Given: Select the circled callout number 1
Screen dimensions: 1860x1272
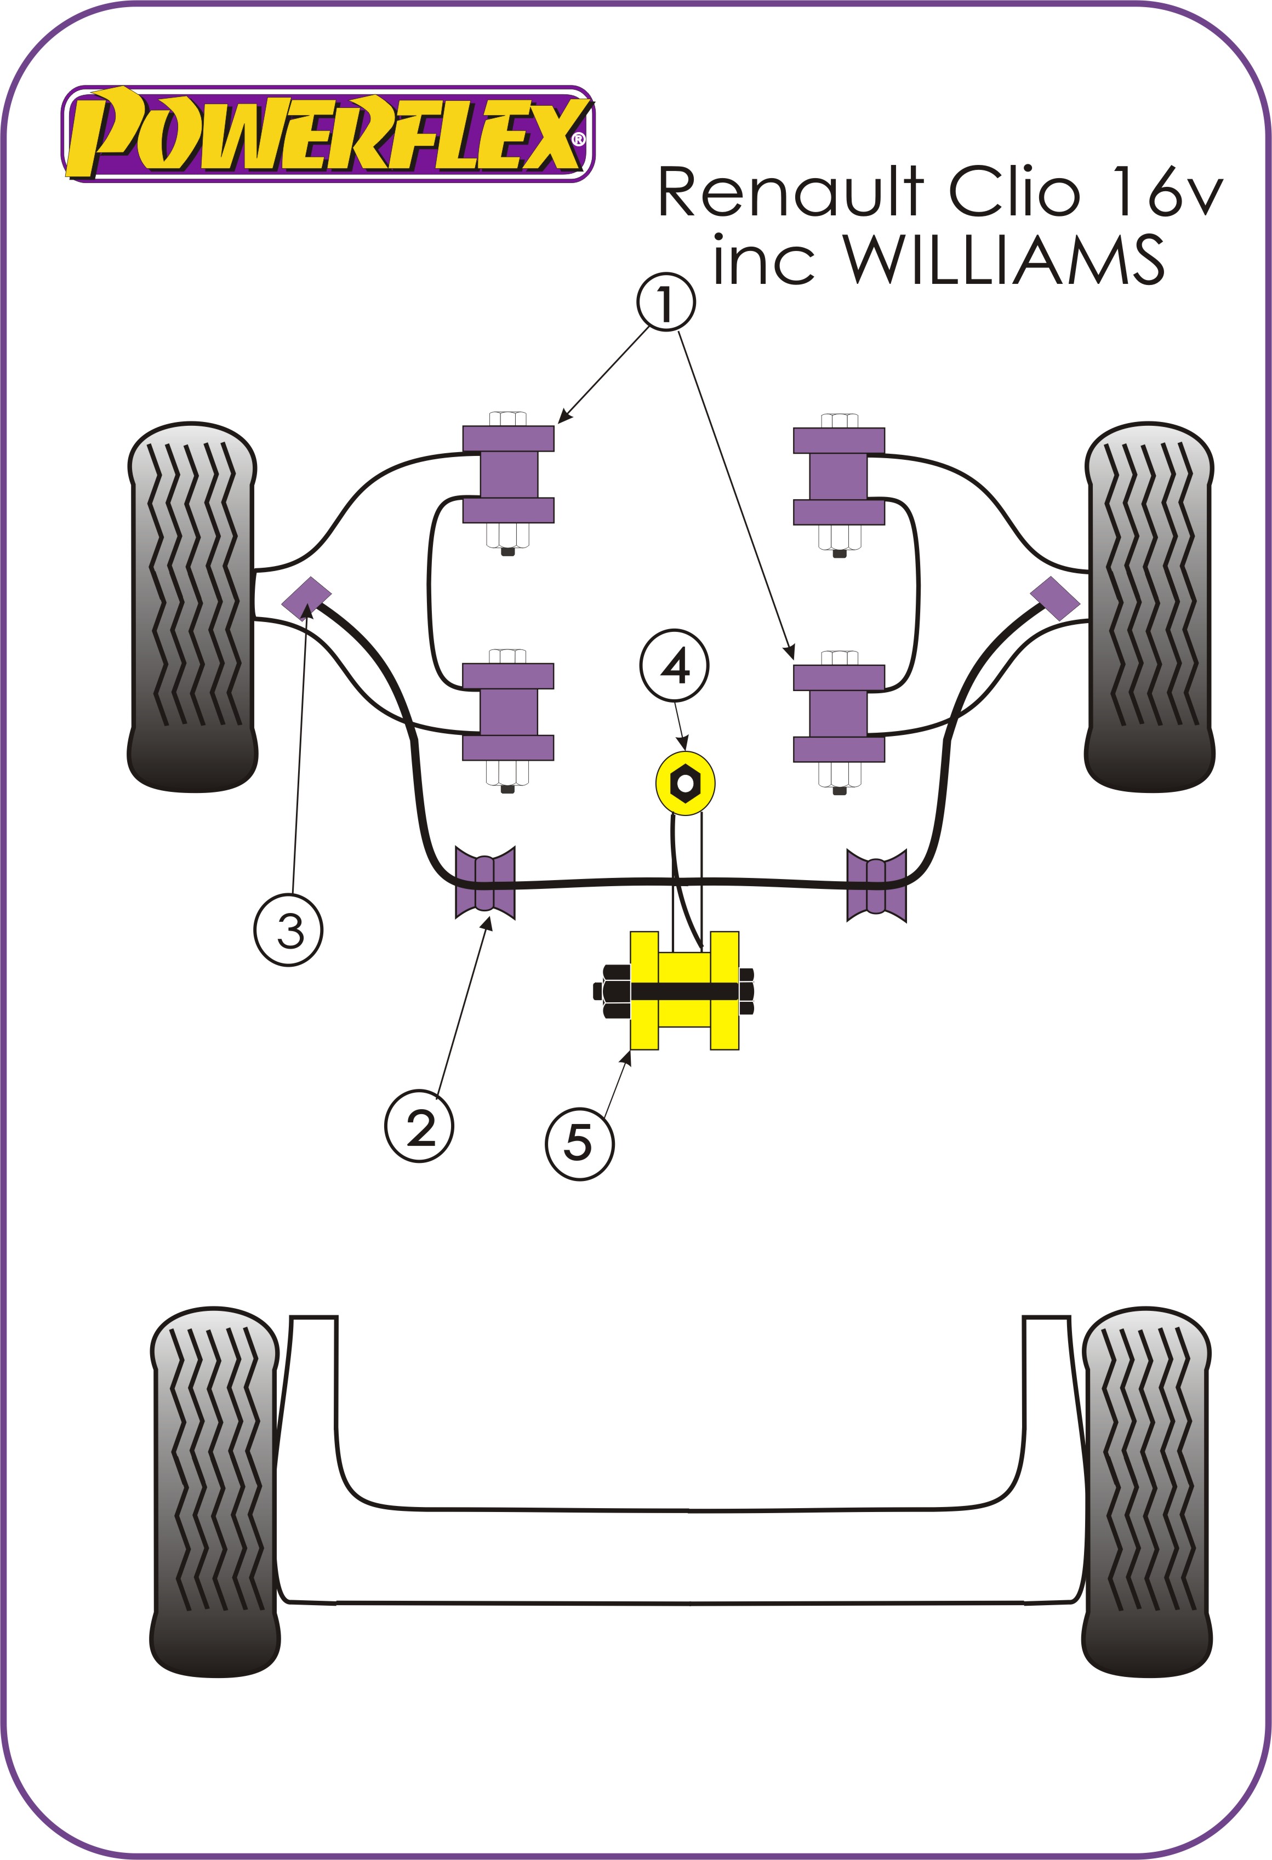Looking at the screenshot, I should point(666,303).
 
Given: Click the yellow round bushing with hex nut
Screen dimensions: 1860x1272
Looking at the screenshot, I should point(685,783).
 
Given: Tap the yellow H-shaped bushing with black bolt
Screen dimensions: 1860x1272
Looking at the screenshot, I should point(685,991).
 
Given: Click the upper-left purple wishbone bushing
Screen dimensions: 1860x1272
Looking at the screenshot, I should point(509,475).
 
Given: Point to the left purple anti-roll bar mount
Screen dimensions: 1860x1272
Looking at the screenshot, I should point(484,883).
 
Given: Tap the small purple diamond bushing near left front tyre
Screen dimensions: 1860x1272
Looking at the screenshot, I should point(306,597).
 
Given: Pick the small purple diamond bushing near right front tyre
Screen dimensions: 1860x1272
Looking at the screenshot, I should point(1054,597).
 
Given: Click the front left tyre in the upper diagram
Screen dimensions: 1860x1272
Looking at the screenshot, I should point(192,607).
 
